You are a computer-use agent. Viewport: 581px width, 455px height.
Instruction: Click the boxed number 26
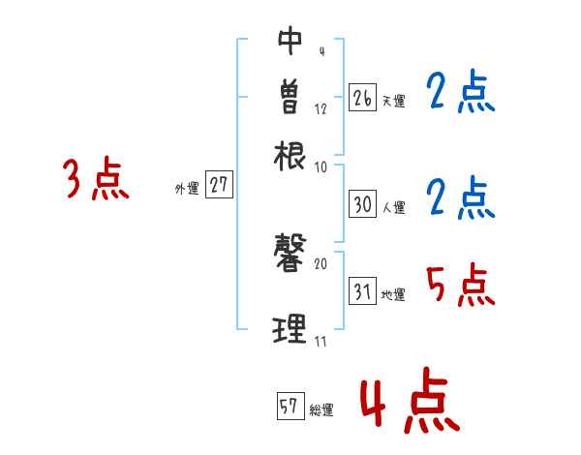coord(362,97)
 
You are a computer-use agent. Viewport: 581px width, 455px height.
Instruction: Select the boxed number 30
coord(362,204)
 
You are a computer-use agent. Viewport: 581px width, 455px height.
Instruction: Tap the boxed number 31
coord(362,291)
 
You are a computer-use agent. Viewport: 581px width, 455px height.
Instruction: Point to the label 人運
coord(393,207)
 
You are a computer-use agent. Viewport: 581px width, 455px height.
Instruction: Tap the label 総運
coord(321,410)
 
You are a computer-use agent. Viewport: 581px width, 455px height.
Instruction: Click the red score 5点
coord(461,286)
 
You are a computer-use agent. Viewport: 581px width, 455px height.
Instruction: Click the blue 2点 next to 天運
coord(460,93)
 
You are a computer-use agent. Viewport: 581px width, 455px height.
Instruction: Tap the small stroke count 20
coord(321,262)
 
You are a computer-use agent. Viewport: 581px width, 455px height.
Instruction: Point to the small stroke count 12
coord(321,109)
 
